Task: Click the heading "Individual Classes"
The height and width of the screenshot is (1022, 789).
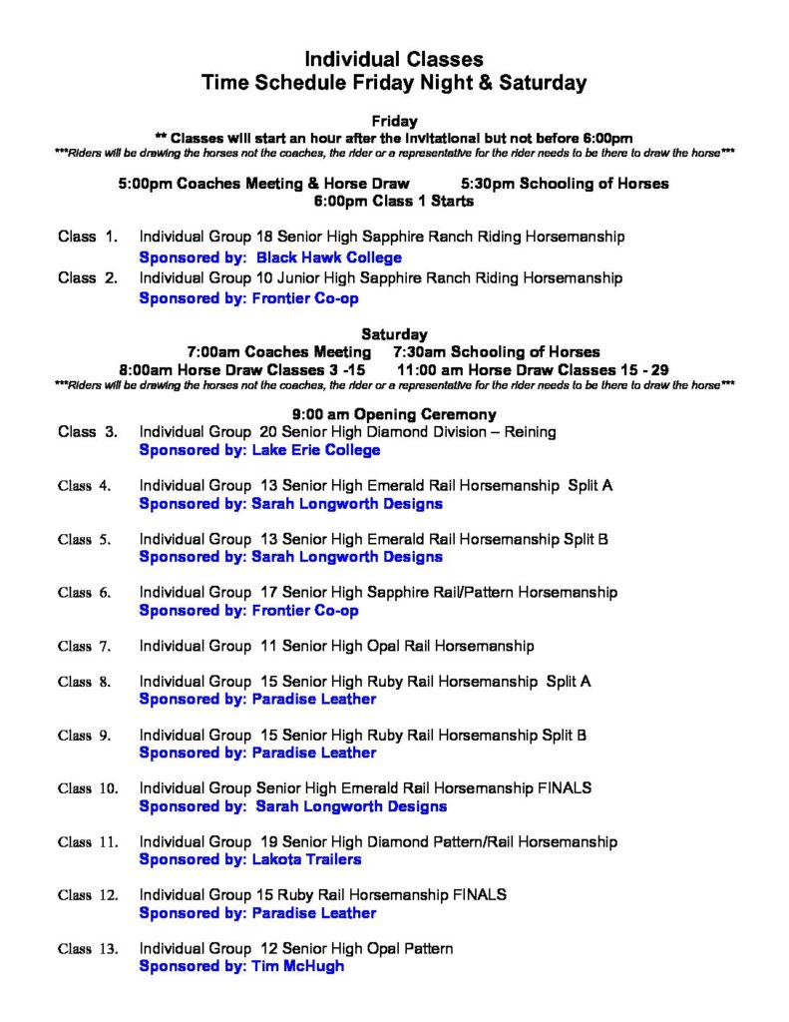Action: point(394,60)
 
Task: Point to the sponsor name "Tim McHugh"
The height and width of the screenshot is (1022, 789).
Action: point(297,966)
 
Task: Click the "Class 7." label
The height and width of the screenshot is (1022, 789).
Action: point(89,646)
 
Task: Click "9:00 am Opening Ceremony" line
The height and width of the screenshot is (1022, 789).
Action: point(394,414)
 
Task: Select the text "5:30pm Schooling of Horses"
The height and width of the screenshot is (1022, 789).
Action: point(566,184)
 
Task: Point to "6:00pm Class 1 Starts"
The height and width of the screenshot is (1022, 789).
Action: point(394,201)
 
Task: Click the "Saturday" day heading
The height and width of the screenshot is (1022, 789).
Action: point(394,334)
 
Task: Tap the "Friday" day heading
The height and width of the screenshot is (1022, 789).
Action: point(394,121)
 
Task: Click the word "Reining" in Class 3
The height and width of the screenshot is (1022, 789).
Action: point(528,432)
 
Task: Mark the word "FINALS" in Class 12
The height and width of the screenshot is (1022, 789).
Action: point(480,894)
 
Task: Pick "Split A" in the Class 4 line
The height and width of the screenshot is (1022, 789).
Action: point(590,485)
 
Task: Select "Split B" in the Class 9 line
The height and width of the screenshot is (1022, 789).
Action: point(564,736)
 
